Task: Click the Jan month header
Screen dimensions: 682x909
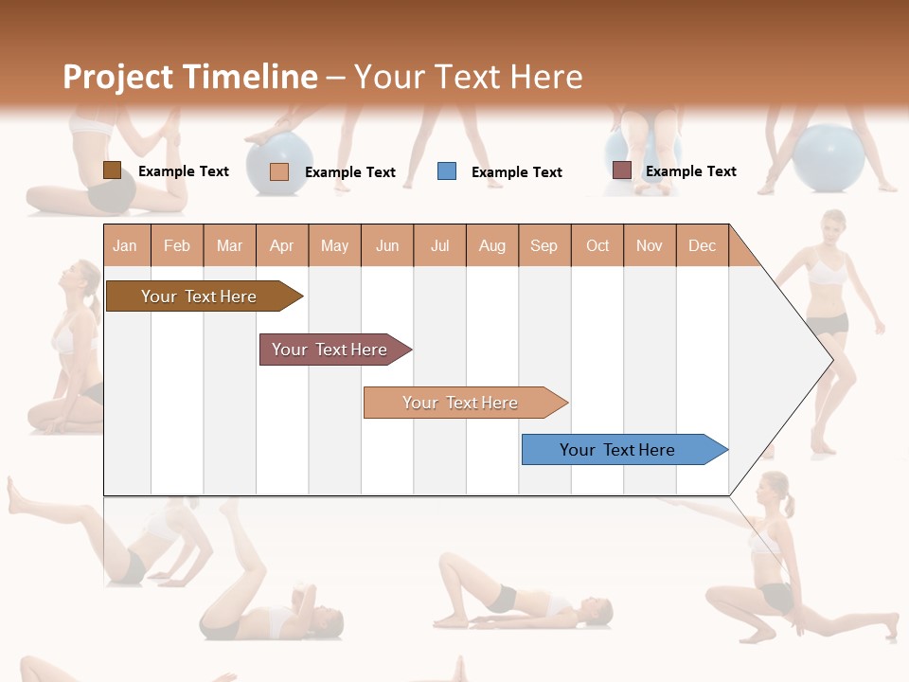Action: point(125,245)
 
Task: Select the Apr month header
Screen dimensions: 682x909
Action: point(282,245)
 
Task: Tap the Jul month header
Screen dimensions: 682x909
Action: point(439,245)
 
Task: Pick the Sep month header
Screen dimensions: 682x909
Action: point(544,245)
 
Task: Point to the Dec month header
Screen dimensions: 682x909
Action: point(702,245)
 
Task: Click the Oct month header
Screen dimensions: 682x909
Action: point(597,245)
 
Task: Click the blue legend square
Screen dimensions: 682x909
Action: point(447,171)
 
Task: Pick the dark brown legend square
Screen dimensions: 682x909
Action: point(112,170)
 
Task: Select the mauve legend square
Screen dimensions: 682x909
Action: point(621,170)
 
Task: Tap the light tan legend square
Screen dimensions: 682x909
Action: point(279,171)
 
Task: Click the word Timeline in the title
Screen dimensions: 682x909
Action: point(250,77)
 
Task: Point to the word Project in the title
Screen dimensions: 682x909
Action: point(117,77)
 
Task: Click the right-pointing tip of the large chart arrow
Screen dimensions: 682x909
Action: point(830,359)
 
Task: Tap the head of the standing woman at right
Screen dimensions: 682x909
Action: point(832,227)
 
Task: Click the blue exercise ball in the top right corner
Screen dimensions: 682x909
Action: point(829,158)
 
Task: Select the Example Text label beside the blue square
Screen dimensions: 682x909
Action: point(516,172)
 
